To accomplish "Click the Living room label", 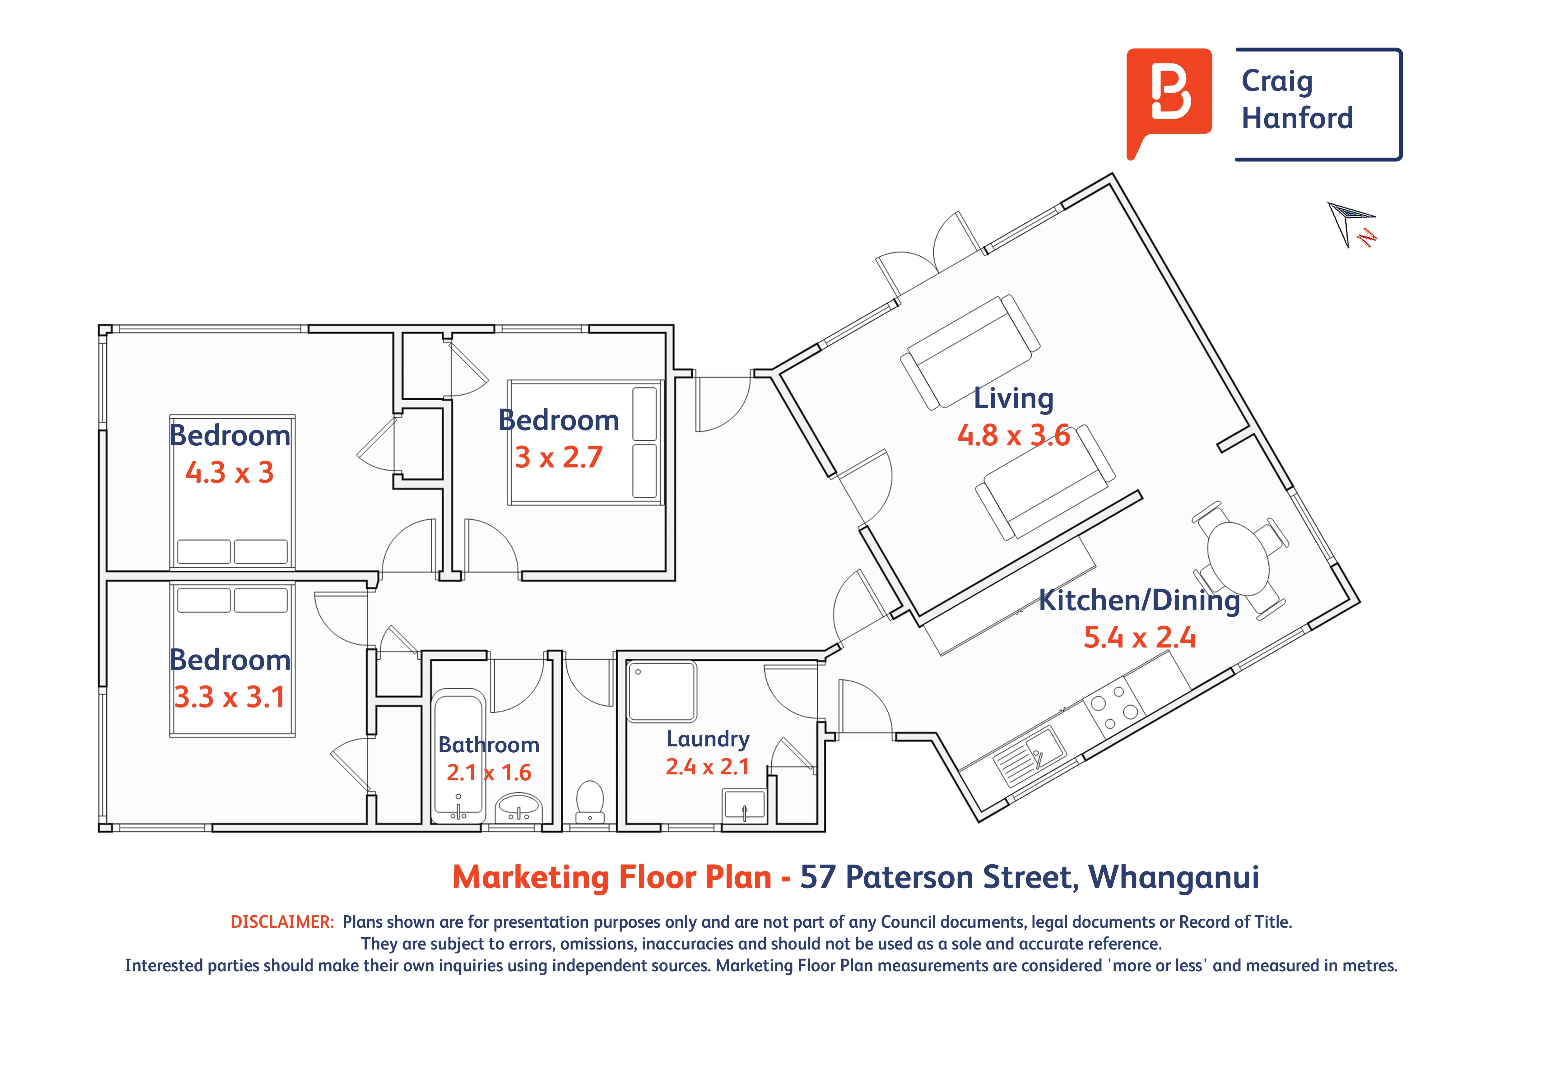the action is (x=1013, y=398).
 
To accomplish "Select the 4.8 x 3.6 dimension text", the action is (x=1013, y=435).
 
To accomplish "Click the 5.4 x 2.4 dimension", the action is (x=1140, y=637).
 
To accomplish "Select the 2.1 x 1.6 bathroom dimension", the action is (x=489, y=773).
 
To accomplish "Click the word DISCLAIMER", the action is (x=282, y=922).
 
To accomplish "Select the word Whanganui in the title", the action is (x=1174, y=877).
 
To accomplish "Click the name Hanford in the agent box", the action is (x=1297, y=118).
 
